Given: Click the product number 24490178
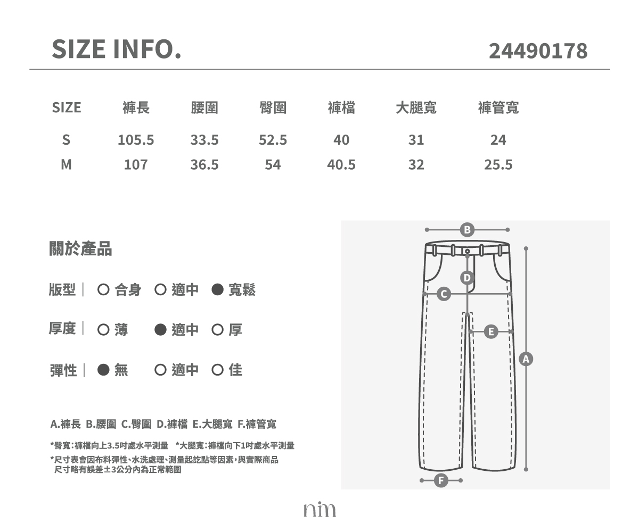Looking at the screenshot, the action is pyautogui.click(x=538, y=51).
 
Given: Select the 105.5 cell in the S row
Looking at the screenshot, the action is pyautogui.click(x=136, y=140).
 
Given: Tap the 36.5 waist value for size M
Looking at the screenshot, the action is pyautogui.click(x=204, y=165).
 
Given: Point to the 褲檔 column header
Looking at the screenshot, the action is pyautogui.click(x=341, y=107).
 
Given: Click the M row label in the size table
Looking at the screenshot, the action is pyautogui.click(x=66, y=165).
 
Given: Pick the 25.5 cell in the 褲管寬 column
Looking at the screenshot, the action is pyautogui.click(x=498, y=165).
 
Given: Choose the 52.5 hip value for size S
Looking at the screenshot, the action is pyautogui.click(x=273, y=140).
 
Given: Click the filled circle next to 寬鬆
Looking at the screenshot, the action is pyautogui.click(x=217, y=289).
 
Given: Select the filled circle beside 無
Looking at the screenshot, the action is pyautogui.click(x=103, y=370).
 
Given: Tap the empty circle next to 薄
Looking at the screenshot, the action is pyautogui.click(x=103, y=330).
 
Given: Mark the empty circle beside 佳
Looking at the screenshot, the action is pyautogui.click(x=217, y=370).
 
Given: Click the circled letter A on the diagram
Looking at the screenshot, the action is pyautogui.click(x=526, y=359).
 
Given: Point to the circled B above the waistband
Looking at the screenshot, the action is pyautogui.click(x=468, y=230).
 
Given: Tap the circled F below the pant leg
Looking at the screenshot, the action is pyautogui.click(x=441, y=480).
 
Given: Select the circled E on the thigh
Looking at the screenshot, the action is pyautogui.click(x=491, y=331).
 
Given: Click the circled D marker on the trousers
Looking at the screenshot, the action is pyautogui.click(x=468, y=278).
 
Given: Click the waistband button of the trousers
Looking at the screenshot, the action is pyautogui.click(x=468, y=251).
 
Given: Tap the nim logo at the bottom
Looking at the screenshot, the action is pyautogui.click(x=319, y=509).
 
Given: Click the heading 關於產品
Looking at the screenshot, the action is pyautogui.click(x=80, y=248).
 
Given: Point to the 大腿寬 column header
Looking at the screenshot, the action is pyautogui.click(x=416, y=107).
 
